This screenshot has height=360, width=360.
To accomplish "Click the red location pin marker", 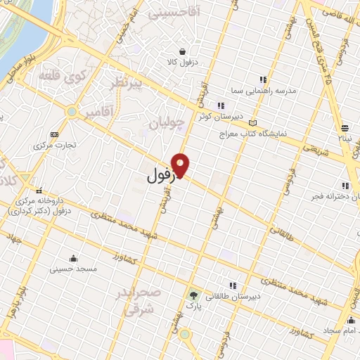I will pyautogui.click(x=181, y=164).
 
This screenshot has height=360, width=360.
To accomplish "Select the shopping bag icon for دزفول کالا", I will pyautogui.click(x=183, y=51).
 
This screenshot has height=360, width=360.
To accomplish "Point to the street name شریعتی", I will pyautogui.click(x=318, y=147).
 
